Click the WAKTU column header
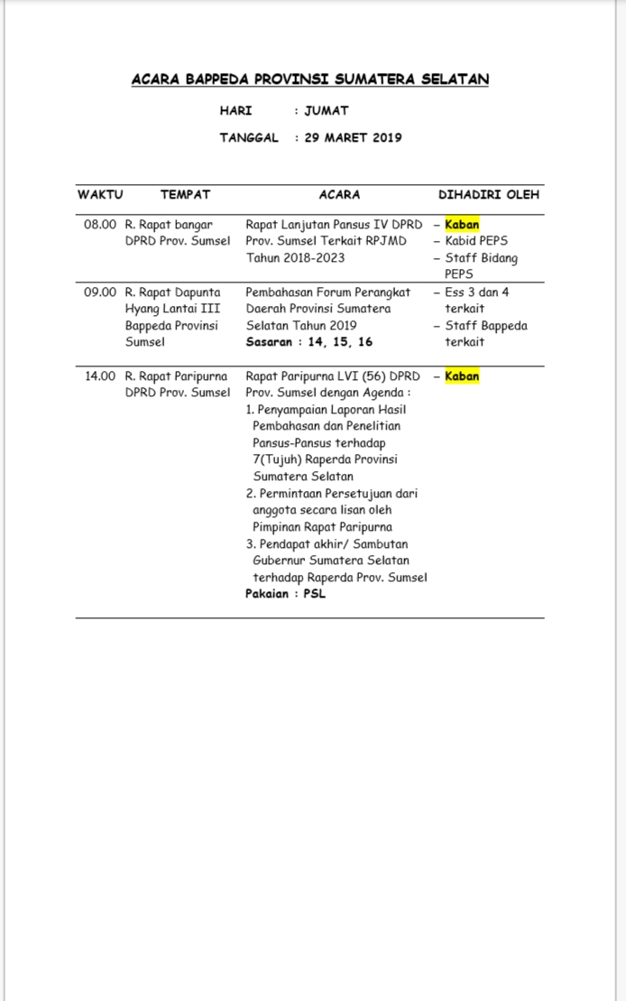click(100, 194)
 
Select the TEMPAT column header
click(185, 194)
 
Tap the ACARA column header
click(339, 194)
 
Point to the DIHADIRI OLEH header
click(490, 194)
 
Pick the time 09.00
click(100, 292)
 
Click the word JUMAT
click(327, 111)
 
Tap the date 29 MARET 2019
click(353, 138)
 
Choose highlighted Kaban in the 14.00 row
click(462, 376)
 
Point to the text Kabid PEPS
click(476, 241)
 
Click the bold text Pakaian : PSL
click(285, 594)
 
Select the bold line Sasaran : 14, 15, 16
click(308, 342)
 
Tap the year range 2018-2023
click(308, 258)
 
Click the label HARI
click(235, 111)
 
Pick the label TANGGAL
click(249, 138)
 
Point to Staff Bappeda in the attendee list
click(485, 326)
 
